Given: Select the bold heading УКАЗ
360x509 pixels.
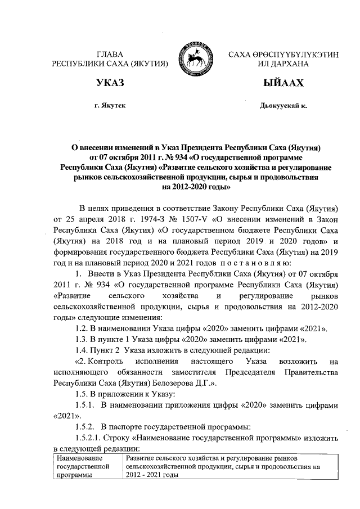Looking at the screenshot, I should pos(110,83).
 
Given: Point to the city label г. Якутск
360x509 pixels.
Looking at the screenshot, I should pos(110,106).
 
